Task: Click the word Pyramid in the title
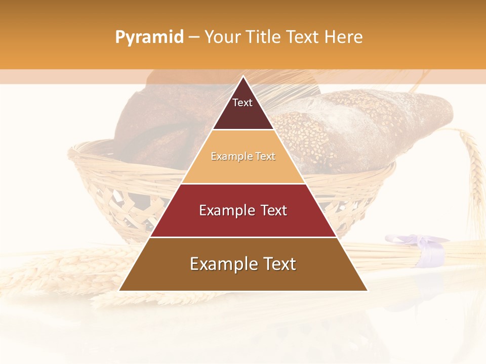[x=149, y=37]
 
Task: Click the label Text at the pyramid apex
[x=242, y=103]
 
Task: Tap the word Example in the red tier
[x=223, y=210]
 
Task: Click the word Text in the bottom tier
[x=277, y=264]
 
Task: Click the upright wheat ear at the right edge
[x=474, y=162]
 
